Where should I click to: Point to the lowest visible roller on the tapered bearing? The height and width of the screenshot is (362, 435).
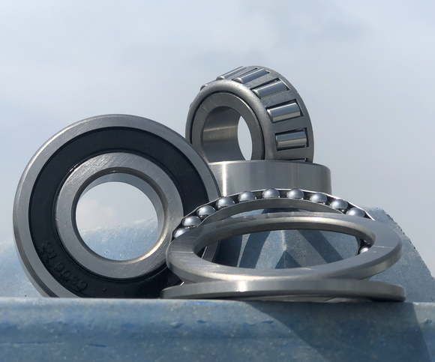click(x=291, y=139)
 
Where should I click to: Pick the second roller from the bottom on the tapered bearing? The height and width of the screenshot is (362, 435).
click(x=284, y=112)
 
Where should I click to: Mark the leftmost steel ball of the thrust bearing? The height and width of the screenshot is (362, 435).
click(x=180, y=232)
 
